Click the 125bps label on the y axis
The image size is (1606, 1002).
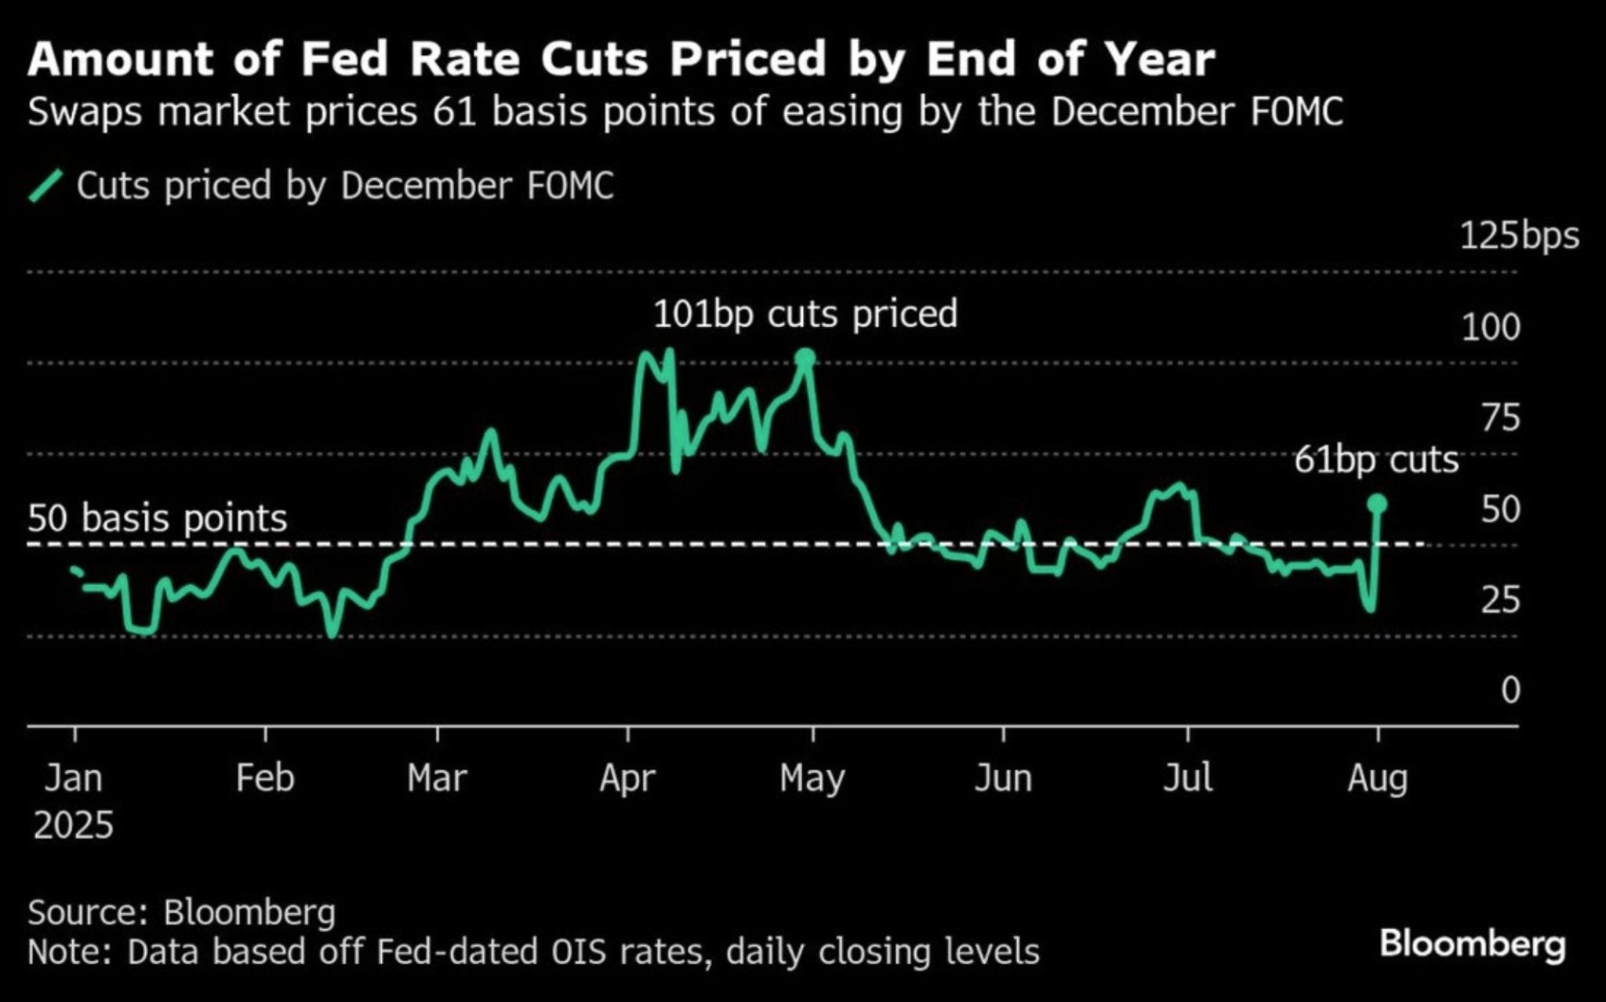tap(1519, 236)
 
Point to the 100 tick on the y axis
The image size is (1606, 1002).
tap(1491, 327)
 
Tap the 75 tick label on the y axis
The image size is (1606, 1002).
tap(1500, 418)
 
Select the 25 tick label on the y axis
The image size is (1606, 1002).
tap(1500, 600)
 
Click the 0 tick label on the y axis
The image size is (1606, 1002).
tap(1510, 690)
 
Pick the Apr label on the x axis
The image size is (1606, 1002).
tap(627, 778)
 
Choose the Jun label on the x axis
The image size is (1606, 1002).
tap(1003, 778)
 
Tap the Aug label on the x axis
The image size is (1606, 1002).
tap(1378, 778)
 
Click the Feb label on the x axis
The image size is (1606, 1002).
tap(265, 778)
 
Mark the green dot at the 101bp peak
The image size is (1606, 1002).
tap(805, 359)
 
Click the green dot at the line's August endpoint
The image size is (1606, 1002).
tap(1377, 504)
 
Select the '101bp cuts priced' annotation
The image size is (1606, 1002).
tap(805, 314)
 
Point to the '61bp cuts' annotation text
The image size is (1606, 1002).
tap(1376, 460)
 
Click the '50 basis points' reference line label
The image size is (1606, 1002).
tap(158, 519)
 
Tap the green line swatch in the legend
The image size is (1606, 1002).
tap(46, 186)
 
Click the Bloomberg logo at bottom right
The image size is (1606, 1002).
tap(1472, 944)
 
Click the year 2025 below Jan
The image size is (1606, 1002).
tap(74, 825)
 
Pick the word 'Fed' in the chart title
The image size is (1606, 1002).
tap(345, 60)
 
